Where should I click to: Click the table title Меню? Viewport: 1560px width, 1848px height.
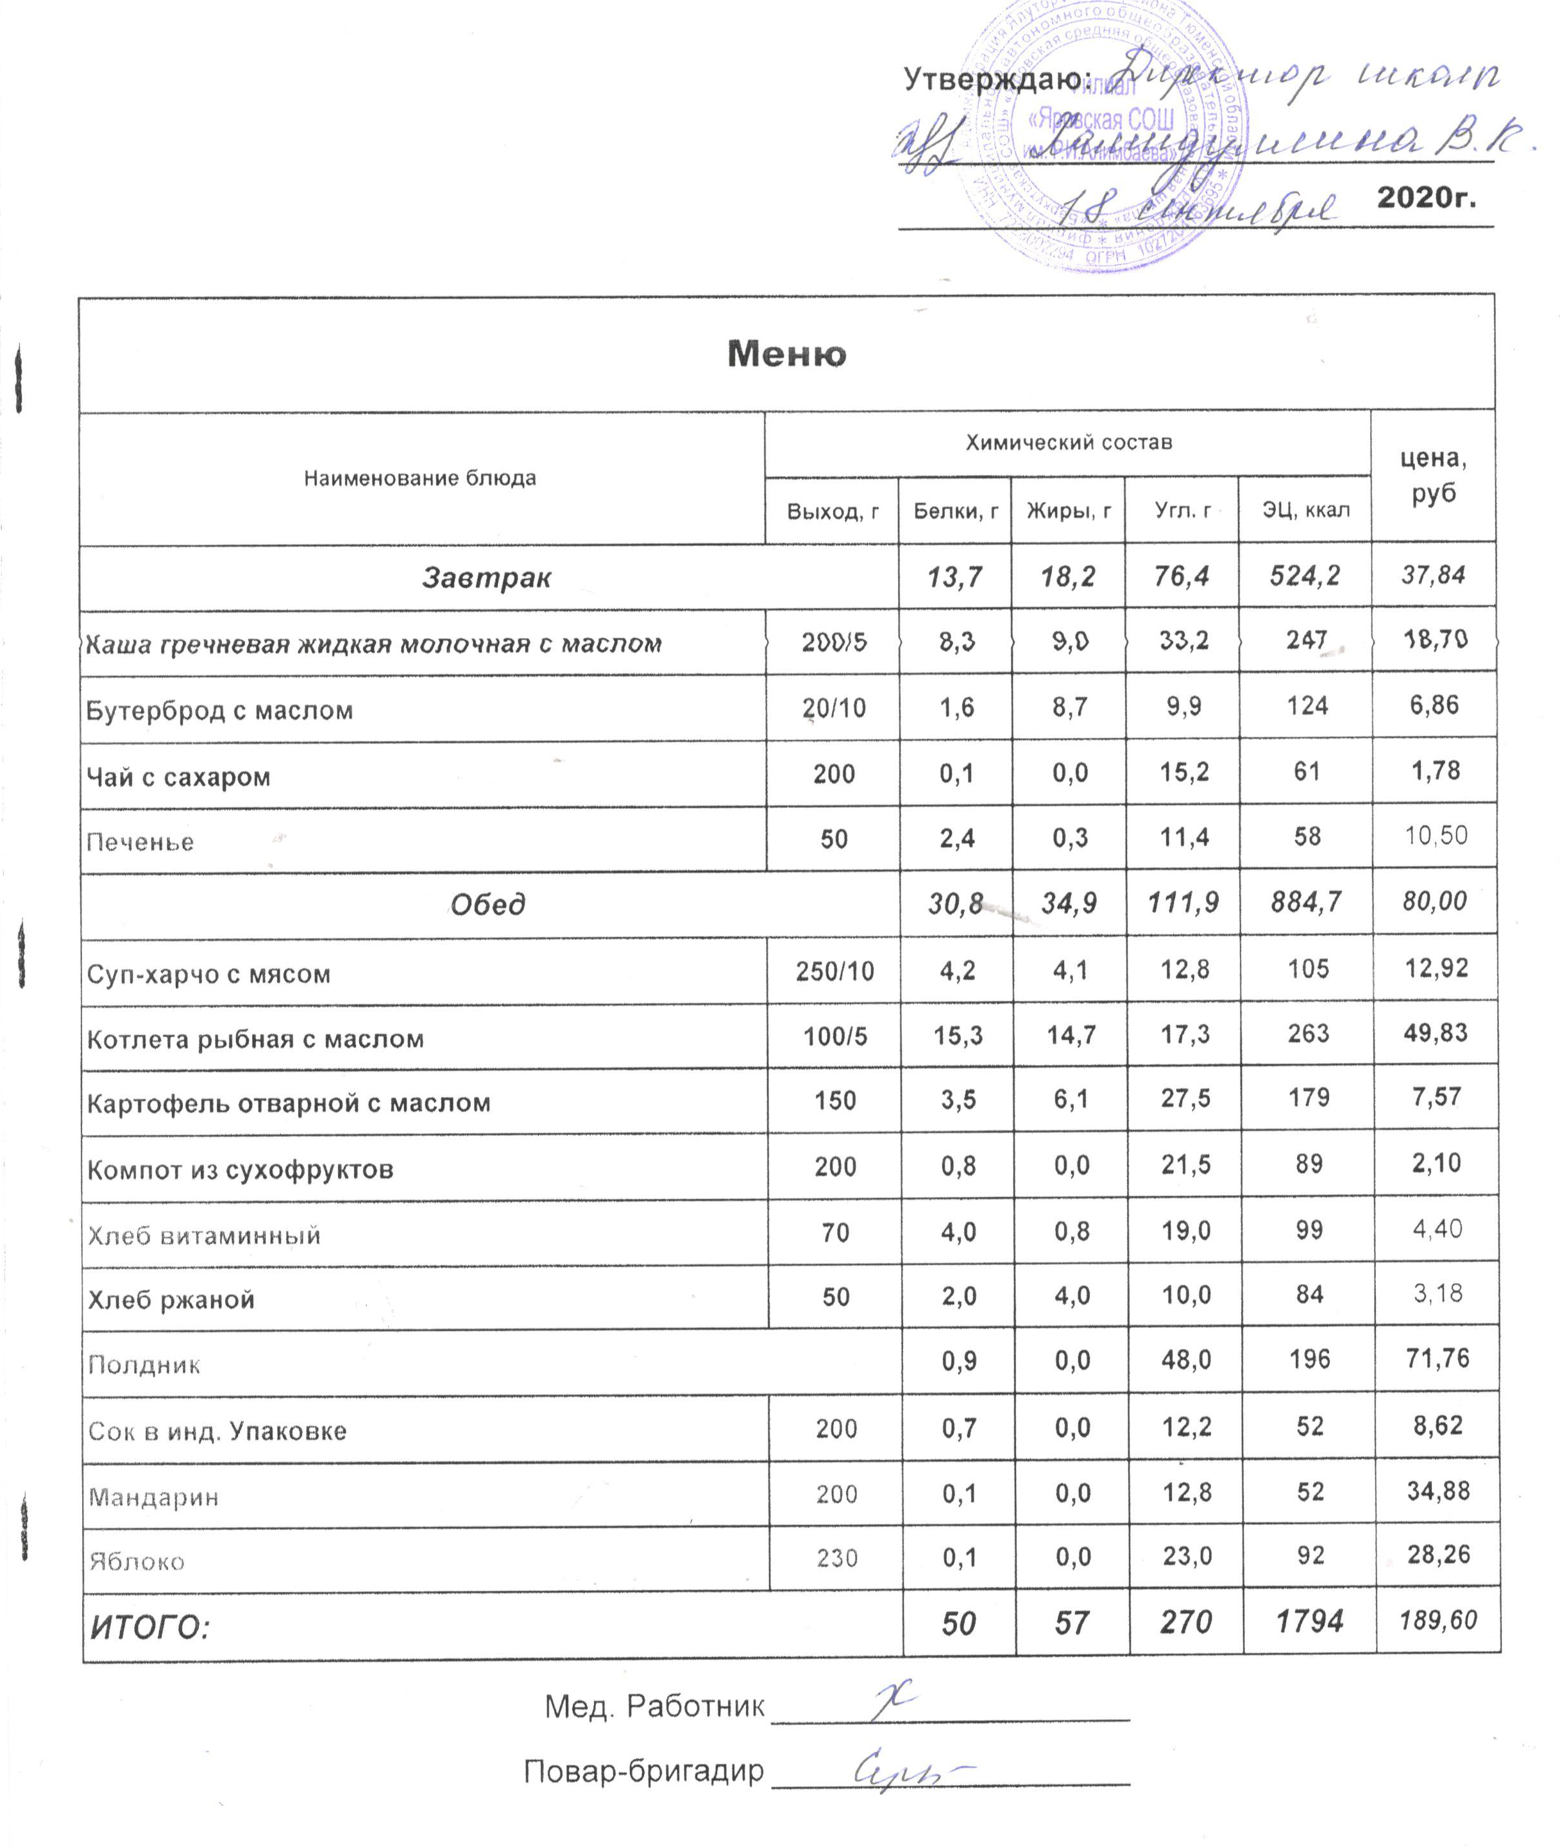coord(786,354)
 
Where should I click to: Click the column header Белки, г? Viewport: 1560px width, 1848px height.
coord(955,510)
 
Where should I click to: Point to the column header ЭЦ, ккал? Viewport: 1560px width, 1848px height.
coord(1305,510)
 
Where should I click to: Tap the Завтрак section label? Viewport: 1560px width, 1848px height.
coord(486,577)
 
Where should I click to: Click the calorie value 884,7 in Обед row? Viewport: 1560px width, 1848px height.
coord(1306,902)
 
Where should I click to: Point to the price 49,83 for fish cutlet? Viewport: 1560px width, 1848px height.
coord(1436,1033)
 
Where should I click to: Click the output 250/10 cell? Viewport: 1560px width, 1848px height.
coord(834,971)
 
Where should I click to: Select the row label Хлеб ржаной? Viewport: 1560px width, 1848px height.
coord(171,1300)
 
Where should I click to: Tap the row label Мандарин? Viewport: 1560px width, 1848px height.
coord(153,1497)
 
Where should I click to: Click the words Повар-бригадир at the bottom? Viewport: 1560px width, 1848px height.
coord(643,1771)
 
